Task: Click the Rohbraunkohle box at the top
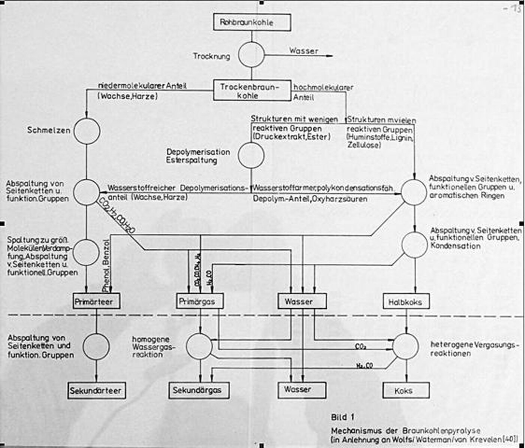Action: coord(252,22)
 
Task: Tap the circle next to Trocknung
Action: coord(251,55)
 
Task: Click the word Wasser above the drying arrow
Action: coord(303,51)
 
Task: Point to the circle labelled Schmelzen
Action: coord(87,131)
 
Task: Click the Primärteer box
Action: coord(96,301)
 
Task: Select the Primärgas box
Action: coord(200,301)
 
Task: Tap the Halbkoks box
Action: coord(406,302)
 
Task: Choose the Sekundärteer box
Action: coord(97,391)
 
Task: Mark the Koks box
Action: coord(406,390)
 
